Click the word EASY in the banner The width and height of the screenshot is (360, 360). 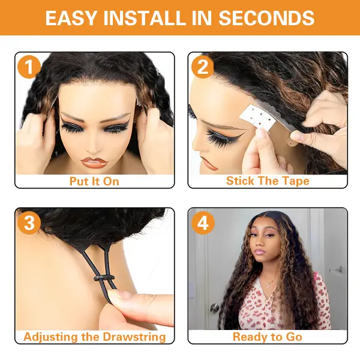pyautogui.click(x=71, y=17)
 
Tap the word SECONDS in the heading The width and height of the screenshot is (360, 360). pyautogui.click(x=266, y=17)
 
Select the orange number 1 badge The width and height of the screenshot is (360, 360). pyautogui.click(x=29, y=67)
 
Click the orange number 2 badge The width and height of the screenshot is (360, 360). pyautogui.click(x=203, y=67)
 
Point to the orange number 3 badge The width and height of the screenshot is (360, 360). pyautogui.click(x=29, y=223)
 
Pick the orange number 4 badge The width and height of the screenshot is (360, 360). pyautogui.click(x=203, y=223)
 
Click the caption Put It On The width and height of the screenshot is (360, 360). pyautogui.click(x=94, y=181)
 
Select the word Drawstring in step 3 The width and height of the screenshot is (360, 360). pyautogui.click(x=134, y=337)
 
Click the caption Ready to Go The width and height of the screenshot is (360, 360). pyautogui.click(x=268, y=337)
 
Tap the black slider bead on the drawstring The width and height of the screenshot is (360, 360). pyautogui.click(x=104, y=278)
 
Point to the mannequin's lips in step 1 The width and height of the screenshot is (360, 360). pyautogui.click(x=94, y=162)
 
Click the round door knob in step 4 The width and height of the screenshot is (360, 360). pyautogui.click(x=215, y=308)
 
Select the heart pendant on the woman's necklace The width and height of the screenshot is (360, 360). pyautogui.click(x=268, y=286)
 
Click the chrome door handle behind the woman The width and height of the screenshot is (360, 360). pyautogui.click(x=336, y=269)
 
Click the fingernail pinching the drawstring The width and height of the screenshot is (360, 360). pyautogui.click(x=119, y=293)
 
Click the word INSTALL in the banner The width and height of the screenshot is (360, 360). pyautogui.click(x=145, y=17)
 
